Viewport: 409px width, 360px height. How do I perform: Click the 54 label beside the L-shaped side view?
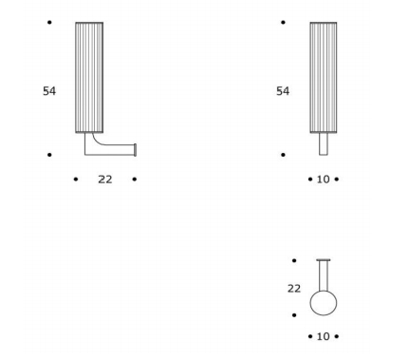pyautogui.click(x=49, y=91)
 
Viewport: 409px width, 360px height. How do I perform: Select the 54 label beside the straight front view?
pyautogui.click(x=283, y=91)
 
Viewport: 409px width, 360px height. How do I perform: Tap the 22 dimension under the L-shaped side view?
pyautogui.click(x=105, y=180)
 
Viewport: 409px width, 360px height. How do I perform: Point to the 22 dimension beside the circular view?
pyautogui.click(x=294, y=289)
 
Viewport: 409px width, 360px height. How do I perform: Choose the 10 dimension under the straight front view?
pyautogui.click(x=324, y=180)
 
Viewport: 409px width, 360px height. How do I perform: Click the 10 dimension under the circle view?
pyautogui.click(x=324, y=336)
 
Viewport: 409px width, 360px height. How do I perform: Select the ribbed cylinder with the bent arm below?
pyautogui.click(x=89, y=78)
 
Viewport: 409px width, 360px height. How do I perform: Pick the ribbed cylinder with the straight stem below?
pyautogui.click(x=324, y=78)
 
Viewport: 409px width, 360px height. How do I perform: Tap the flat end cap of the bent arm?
pyautogui.click(x=136, y=150)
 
